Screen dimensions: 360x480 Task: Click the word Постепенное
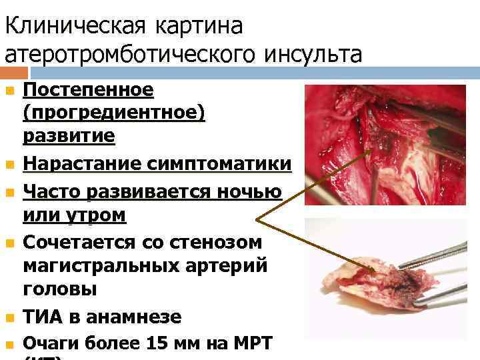[x=89, y=89]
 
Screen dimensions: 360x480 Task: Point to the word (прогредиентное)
[x=114, y=113]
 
